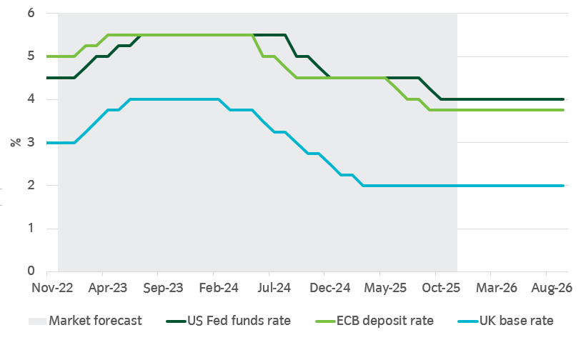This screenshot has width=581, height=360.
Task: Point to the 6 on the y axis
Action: click(x=31, y=14)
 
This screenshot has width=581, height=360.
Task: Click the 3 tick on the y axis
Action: click(x=31, y=143)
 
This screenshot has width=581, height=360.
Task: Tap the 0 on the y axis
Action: click(x=31, y=271)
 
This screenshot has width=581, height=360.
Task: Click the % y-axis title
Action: click(x=15, y=142)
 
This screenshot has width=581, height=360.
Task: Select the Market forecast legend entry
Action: click(x=95, y=321)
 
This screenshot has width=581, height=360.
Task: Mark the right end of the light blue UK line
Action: click(x=564, y=186)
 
